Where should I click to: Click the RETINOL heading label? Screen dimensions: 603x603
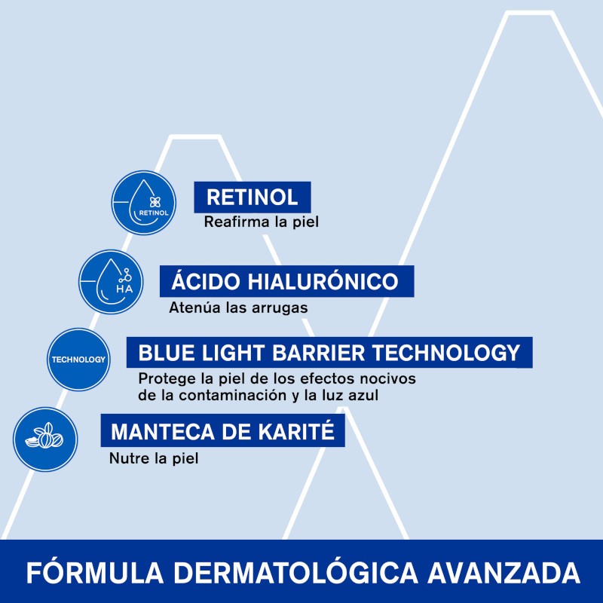(252, 197)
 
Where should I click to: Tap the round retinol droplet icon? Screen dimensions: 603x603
(144, 203)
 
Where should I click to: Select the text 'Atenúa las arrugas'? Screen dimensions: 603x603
(238, 308)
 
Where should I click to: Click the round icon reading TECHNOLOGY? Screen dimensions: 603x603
(78, 360)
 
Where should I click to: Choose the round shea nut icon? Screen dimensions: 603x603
(45, 439)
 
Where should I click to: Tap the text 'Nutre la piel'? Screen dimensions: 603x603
(154, 458)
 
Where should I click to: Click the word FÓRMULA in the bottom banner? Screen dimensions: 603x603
(82, 572)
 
